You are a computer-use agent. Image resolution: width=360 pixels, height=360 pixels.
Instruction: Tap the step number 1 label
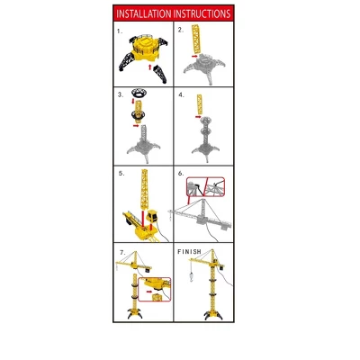119,30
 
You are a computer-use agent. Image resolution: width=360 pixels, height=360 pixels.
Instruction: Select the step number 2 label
180,30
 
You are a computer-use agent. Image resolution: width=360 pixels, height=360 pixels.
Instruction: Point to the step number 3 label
119,93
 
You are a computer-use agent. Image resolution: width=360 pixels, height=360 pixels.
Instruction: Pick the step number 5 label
120,172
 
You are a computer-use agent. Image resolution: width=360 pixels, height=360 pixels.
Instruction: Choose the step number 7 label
121,252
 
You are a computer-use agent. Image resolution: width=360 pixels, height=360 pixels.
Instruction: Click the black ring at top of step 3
139,94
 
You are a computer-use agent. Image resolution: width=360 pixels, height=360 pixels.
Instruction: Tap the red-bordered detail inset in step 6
203,187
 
